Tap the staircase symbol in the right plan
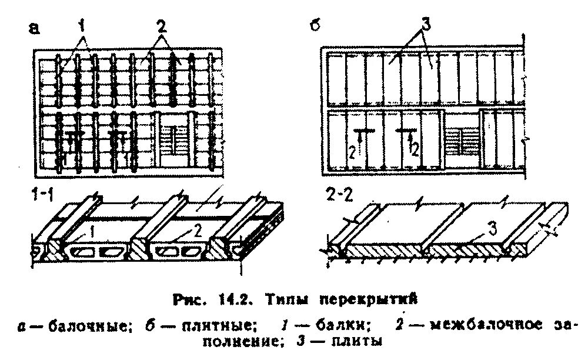point(462,140)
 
